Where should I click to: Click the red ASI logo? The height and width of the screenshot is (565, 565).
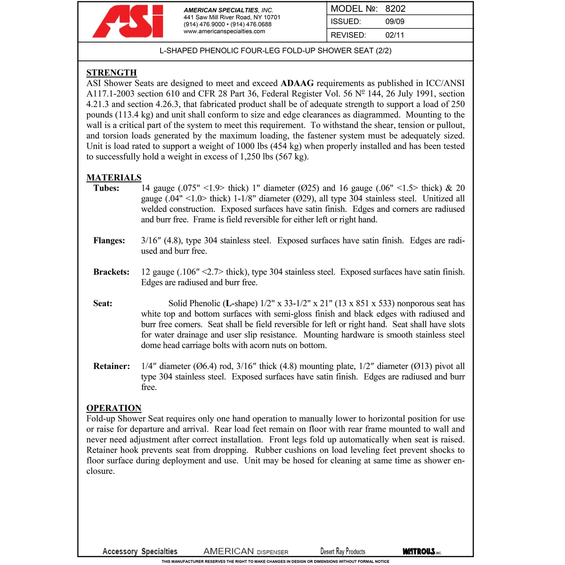pyautogui.click(x=128, y=22)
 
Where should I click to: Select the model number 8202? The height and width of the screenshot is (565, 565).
pyautogui.click(x=395, y=8)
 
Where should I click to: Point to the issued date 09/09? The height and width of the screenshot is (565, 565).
pyautogui.click(x=395, y=22)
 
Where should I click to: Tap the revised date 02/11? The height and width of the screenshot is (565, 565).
pyautogui.click(x=395, y=35)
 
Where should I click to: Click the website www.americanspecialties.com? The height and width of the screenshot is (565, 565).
pyautogui.click(x=224, y=32)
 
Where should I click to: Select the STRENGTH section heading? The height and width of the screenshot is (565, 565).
pyautogui.click(x=112, y=73)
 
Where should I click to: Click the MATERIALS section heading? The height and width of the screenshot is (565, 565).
pyautogui.click(x=114, y=178)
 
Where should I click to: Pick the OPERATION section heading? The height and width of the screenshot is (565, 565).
pyautogui.click(x=114, y=408)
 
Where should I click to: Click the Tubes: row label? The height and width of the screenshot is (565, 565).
pyautogui.click(x=106, y=188)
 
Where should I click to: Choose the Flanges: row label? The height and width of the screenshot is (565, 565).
pyautogui.click(x=109, y=241)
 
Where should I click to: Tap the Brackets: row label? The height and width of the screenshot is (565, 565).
pyautogui.click(x=111, y=272)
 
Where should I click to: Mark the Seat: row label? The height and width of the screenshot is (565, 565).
pyautogui.click(x=103, y=304)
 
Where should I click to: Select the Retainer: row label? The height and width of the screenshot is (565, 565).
pyautogui.click(x=112, y=366)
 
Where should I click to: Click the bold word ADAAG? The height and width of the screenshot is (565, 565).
pyautogui.click(x=297, y=83)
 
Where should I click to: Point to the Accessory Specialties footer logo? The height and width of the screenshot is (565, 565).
pyautogui.click(x=140, y=551)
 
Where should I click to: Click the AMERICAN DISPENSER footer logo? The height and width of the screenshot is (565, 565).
pyautogui.click(x=246, y=551)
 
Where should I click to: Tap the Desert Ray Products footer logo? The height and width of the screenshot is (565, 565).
pyautogui.click(x=343, y=551)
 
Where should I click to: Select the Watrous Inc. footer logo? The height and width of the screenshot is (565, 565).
pyautogui.click(x=422, y=551)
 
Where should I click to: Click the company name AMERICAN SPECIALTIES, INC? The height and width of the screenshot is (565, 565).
pyautogui.click(x=228, y=10)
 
